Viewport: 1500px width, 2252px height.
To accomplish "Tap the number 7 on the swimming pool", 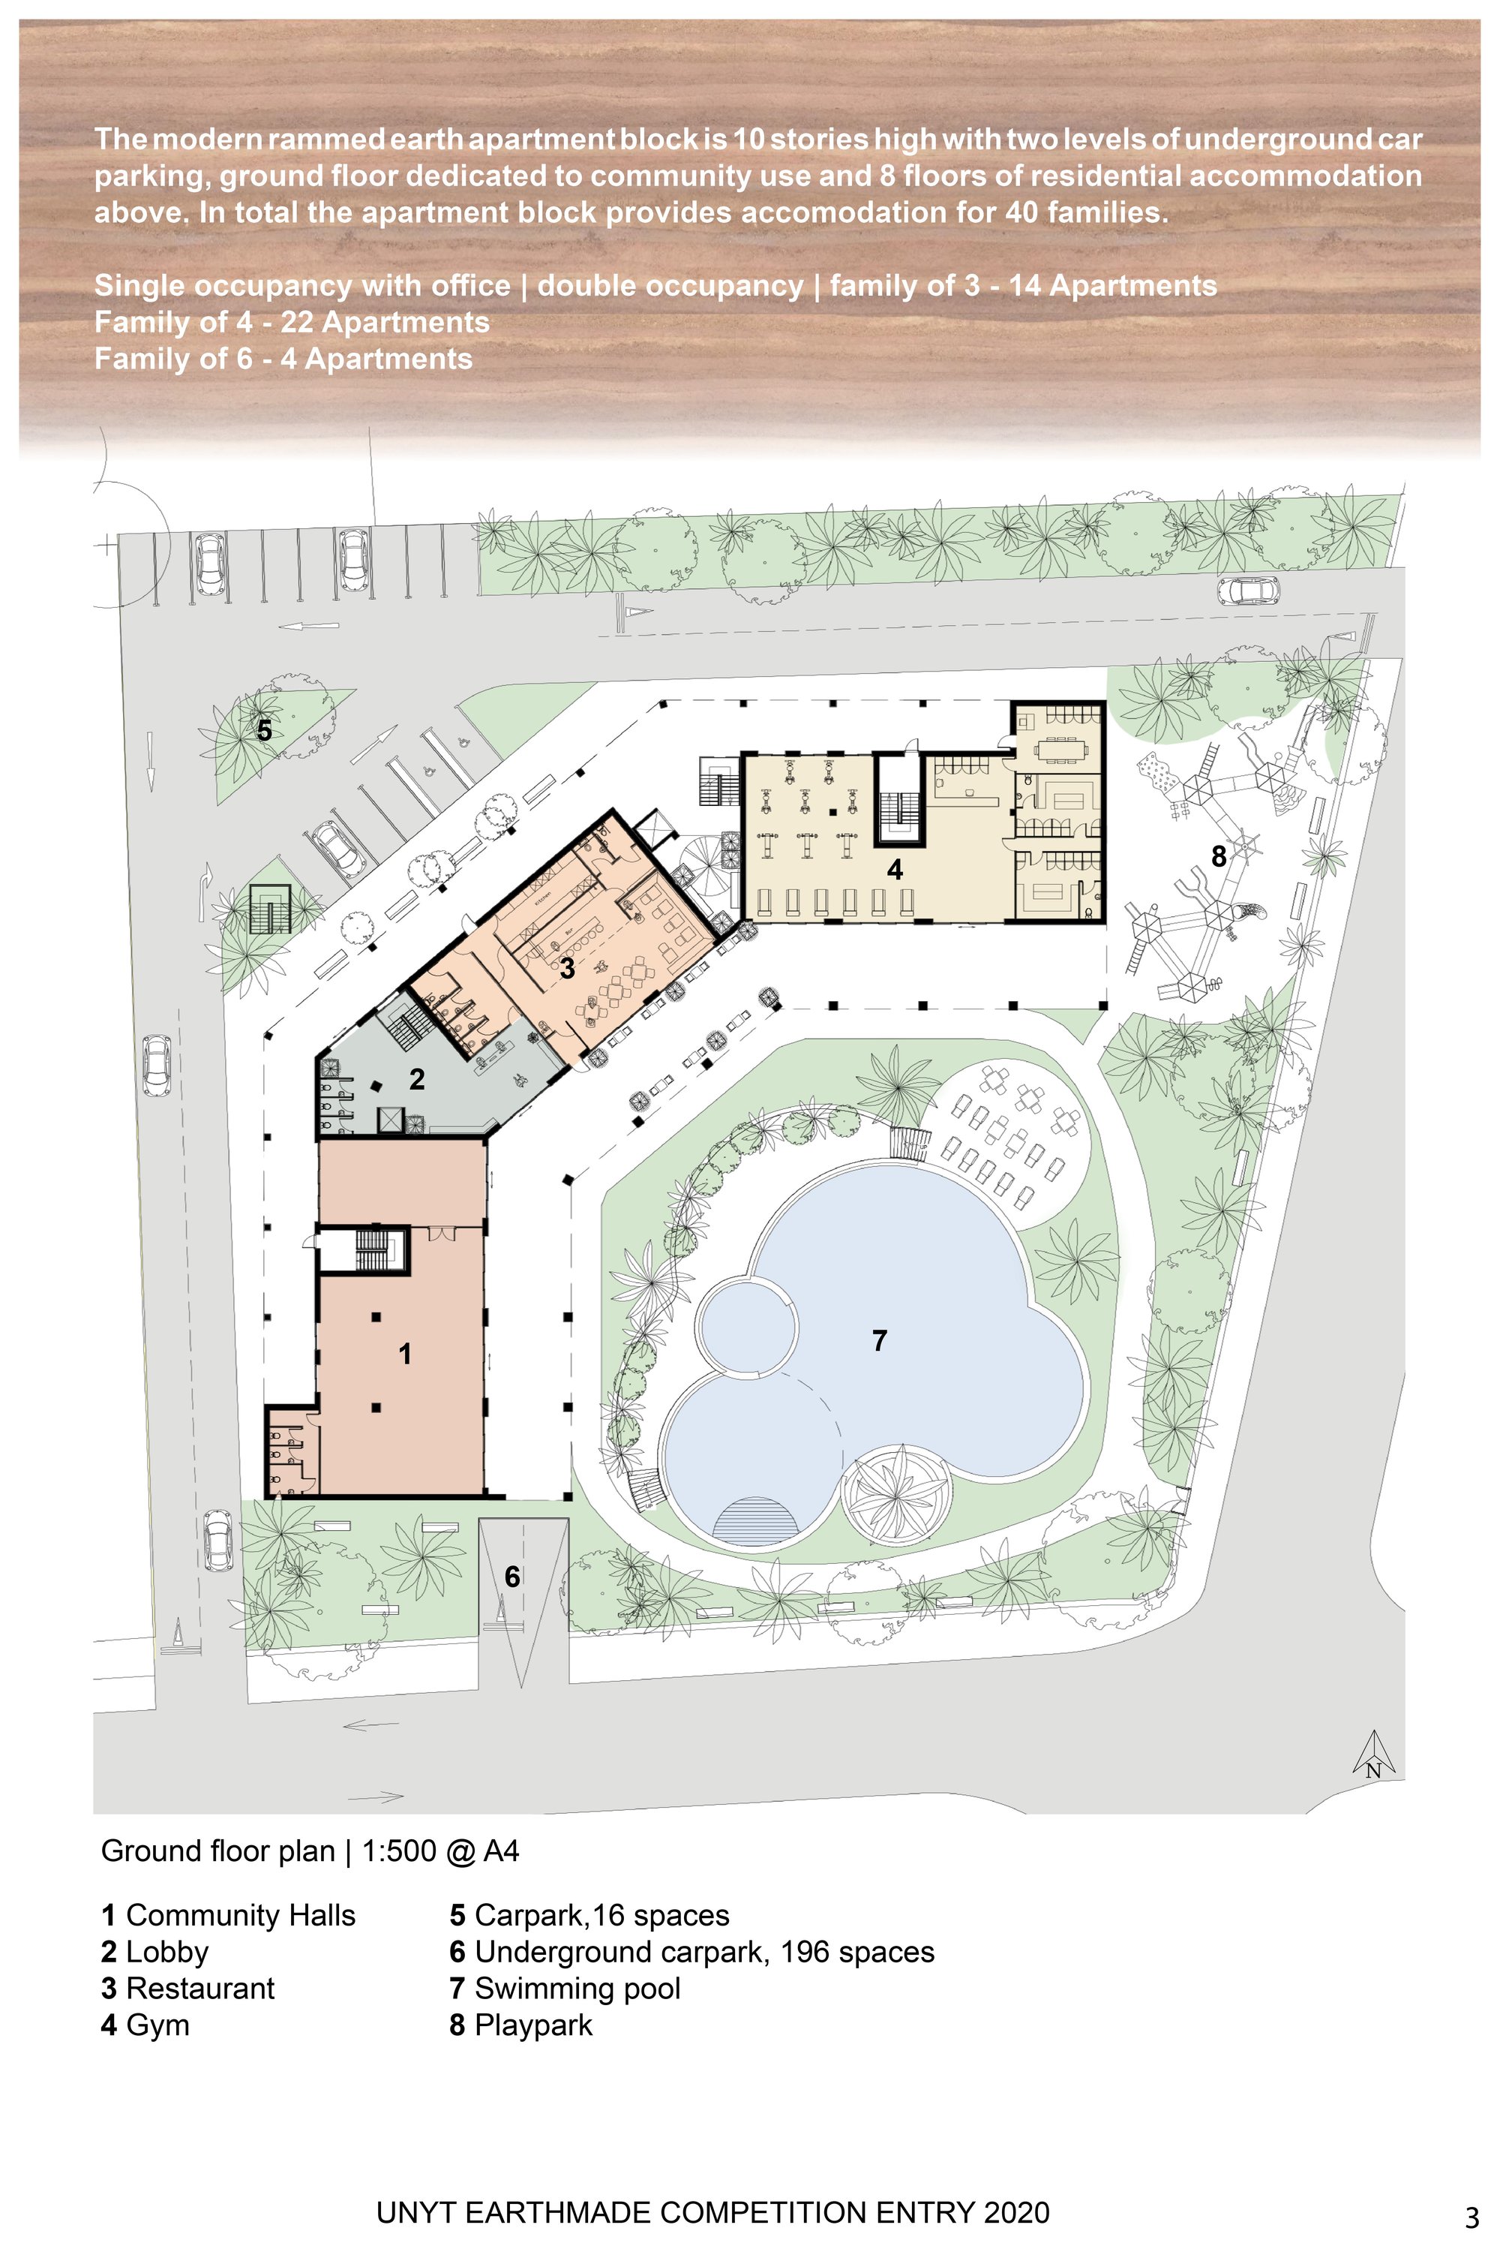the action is point(879,1341).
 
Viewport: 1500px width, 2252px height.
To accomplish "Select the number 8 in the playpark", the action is point(1218,856).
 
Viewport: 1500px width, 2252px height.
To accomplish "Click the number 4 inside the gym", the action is point(895,869).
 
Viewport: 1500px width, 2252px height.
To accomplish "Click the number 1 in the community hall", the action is point(405,1355).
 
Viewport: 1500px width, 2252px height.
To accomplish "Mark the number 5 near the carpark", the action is point(264,730).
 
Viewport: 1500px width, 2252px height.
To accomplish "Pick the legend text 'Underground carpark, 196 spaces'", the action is point(704,1952).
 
